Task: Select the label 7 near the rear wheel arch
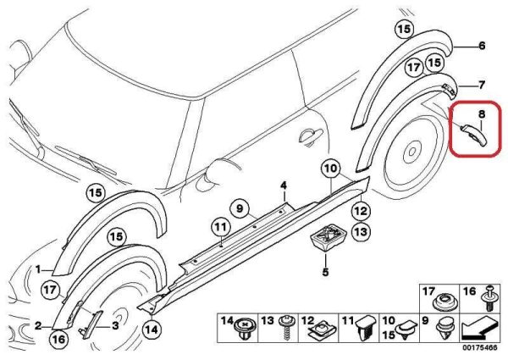(x=481, y=85)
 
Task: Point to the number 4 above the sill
(x=284, y=185)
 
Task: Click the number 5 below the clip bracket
(x=323, y=273)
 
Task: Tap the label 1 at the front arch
(x=38, y=269)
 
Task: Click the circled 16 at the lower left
(x=58, y=340)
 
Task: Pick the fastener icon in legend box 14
(x=246, y=325)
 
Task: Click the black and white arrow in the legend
(x=483, y=326)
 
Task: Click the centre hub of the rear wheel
(x=410, y=153)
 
